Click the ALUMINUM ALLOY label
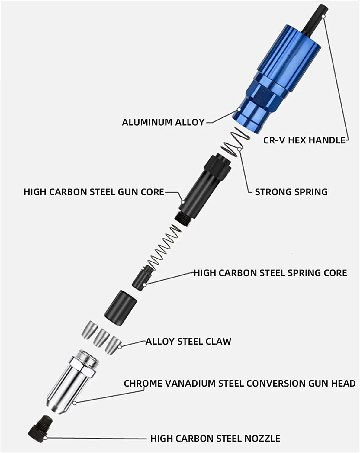(163, 122)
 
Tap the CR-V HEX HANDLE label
(304, 140)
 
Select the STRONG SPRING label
(291, 192)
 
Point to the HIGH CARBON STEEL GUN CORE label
(94, 192)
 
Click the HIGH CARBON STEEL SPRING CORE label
(270, 273)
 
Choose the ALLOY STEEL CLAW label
(188, 342)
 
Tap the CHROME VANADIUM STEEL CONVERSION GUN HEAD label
(240, 384)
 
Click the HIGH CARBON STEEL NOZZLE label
(215, 439)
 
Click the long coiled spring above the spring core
(163, 246)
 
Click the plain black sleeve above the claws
(121, 308)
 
